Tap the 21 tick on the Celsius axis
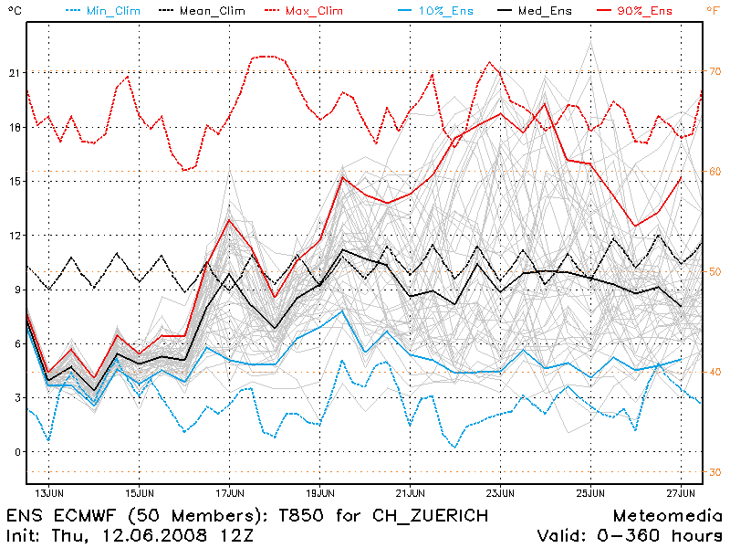pyautogui.click(x=13, y=72)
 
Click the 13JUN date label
pyautogui.click(x=49, y=494)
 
